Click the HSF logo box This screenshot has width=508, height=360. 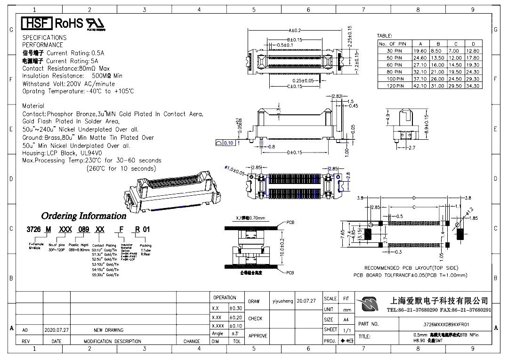(x=37, y=24)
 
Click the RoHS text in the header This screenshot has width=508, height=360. (x=69, y=24)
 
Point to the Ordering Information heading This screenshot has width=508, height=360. (x=84, y=216)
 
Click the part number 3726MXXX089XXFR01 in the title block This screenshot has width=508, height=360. (x=446, y=324)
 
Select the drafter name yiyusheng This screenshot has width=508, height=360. (x=282, y=301)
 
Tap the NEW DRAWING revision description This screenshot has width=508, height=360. (x=108, y=330)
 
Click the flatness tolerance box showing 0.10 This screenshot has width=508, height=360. (x=229, y=143)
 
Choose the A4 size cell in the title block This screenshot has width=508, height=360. (x=347, y=320)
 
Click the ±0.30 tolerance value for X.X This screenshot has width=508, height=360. (x=235, y=308)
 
